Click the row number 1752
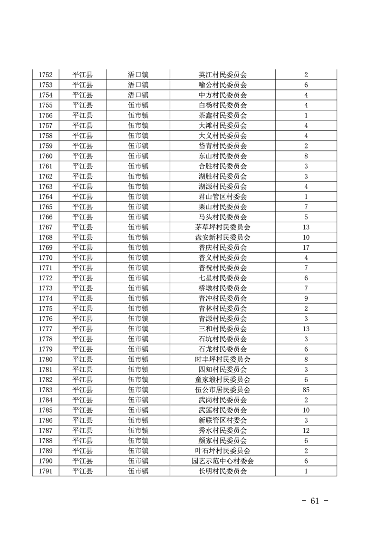pyautogui.click(x=46, y=75)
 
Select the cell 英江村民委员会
pyautogui.click(x=222, y=75)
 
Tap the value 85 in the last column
pyautogui.click(x=306, y=390)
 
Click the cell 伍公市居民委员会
pyautogui.click(x=222, y=390)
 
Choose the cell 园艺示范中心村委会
pyautogui.click(x=222, y=461)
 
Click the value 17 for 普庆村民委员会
pyautogui.click(x=306, y=247)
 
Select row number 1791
pyautogui.click(x=46, y=471)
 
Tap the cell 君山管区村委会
pyautogui.click(x=222, y=197)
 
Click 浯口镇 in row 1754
pyautogui.click(x=138, y=95)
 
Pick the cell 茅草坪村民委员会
pyautogui.click(x=222, y=227)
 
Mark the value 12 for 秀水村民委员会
pyautogui.click(x=306, y=430)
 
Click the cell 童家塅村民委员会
pyautogui.click(x=222, y=379)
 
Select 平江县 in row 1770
pyautogui.click(x=83, y=257)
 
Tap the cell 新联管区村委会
pyautogui.click(x=222, y=420)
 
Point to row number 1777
pyautogui.click(x=46, y=329)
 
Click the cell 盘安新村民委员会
pyautogui.click(x=222, y=237)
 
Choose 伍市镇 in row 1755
pyautogui.click(x=138, y=105)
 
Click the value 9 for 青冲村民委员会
pyautogui.click(x=306, y=298)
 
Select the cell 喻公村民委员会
pyautogui.click(x=222, y=85)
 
